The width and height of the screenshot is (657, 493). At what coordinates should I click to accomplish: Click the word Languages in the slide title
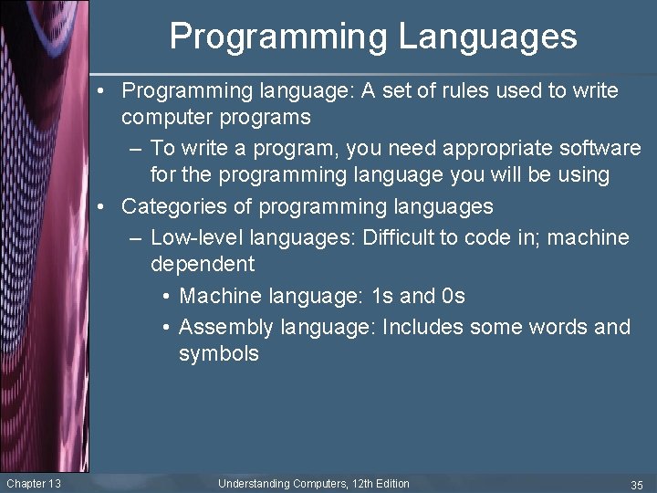pyautogui.click(x=487, y=37)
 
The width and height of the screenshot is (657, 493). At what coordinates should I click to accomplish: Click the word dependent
pyautogui.click(x=203, y=265)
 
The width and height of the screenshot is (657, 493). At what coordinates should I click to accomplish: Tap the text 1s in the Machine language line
pyautogui.click(x=383, y=297)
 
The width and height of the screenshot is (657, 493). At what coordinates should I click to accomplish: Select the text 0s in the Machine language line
pyautogui.click(x=453, y=297)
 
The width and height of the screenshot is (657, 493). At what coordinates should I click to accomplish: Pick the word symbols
pyautogui.click(x=219, y=354)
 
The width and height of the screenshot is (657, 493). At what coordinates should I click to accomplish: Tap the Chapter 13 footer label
pyautogui.click(x=33, y=483)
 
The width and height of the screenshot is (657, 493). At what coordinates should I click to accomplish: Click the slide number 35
pyautogui.click(x=637, y=484)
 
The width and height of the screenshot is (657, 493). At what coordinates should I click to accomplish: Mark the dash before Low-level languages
pyautogui.click(x=135, y=238)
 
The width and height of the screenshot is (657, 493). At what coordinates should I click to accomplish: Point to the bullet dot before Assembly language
pyautogui.click(x=164, y=327)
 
